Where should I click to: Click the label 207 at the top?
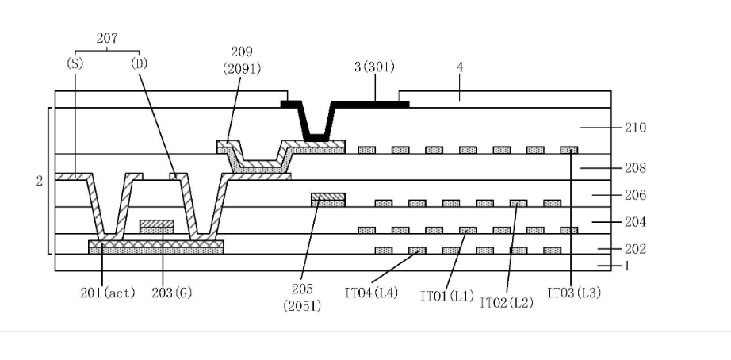107,38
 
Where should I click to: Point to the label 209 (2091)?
242,60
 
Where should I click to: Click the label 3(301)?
374,67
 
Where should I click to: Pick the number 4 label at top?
459,67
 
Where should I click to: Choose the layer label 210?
635,128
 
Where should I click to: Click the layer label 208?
635,168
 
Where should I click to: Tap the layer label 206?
635,195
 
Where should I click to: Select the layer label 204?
635,222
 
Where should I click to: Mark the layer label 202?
635,249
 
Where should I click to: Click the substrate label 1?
627,266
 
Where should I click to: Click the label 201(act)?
108,293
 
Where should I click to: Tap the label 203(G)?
172,293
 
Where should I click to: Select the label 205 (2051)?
302,297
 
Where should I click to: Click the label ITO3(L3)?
574,293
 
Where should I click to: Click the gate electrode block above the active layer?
157,227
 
